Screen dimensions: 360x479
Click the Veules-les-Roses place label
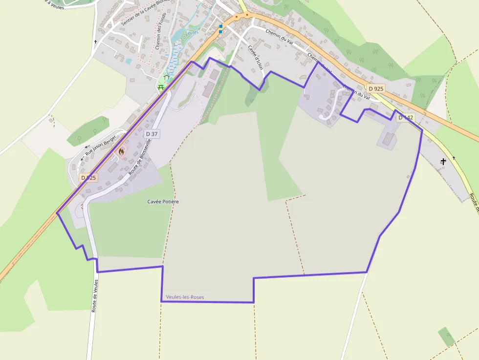(185, 297)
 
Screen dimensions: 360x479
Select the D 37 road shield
(152, 134)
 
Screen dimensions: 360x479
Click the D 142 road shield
(406, 118)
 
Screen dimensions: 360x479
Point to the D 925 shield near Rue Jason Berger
(88, 178)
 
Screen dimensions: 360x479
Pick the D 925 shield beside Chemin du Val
(376, 88)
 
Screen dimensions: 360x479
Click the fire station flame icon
(121, 151)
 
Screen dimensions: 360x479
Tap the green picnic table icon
(161, 87)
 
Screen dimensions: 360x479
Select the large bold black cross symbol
(443, 161)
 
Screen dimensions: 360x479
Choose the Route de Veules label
(95, 296)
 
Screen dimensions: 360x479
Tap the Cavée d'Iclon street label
(255, 57)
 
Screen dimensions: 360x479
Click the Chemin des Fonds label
(161, 31)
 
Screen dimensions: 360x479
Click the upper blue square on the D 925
(220, 26)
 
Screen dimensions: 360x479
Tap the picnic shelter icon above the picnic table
(167, 77)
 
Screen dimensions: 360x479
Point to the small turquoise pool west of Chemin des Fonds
(129, 62)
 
